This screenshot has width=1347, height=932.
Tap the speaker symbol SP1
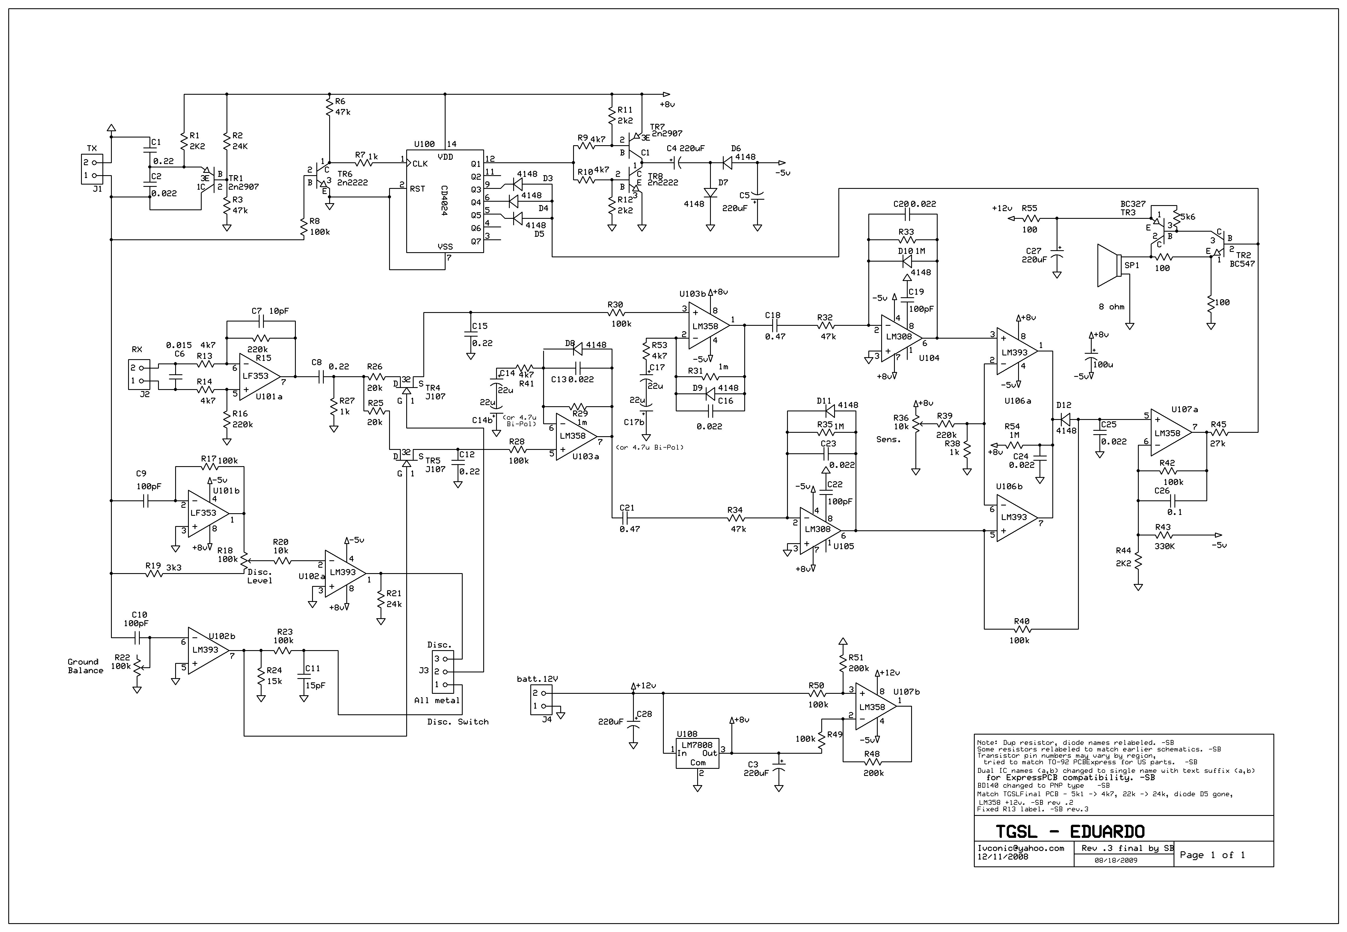pos(1109,266)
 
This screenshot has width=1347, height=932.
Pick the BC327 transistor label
pos(1133,204)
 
